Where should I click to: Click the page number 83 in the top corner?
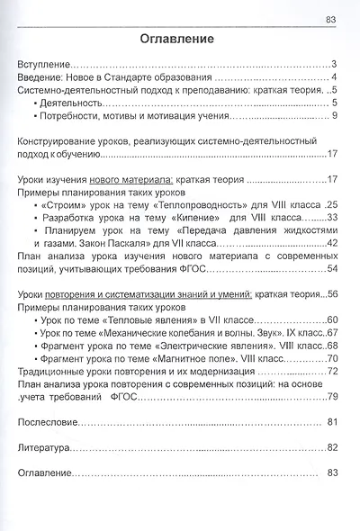[330, 20]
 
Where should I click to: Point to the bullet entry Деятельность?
[71, 103]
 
